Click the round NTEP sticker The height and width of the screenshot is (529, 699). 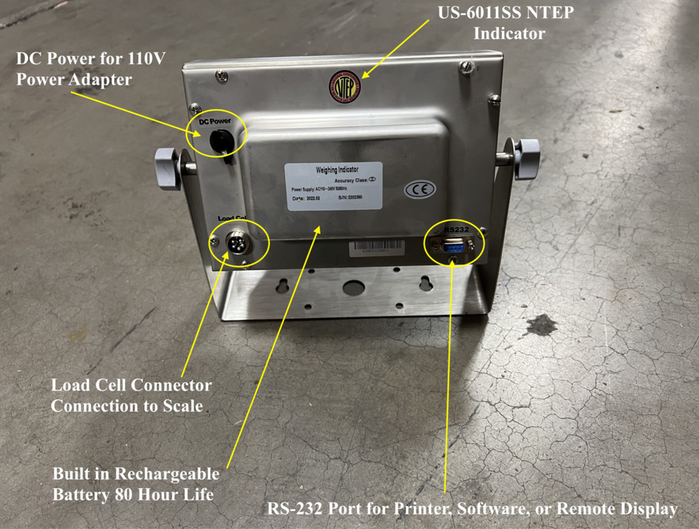345,86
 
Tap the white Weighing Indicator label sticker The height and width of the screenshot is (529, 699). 333,184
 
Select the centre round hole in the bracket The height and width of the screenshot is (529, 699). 352,287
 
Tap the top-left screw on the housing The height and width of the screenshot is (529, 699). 221,76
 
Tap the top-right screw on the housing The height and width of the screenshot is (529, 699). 468,68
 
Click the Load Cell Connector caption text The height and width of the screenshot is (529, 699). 131,395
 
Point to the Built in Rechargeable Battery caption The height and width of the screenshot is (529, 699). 136,484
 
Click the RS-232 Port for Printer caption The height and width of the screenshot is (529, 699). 472,508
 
